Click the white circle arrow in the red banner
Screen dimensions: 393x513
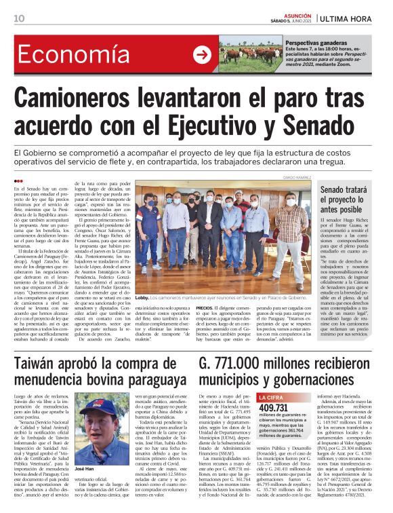pos(202,55)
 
